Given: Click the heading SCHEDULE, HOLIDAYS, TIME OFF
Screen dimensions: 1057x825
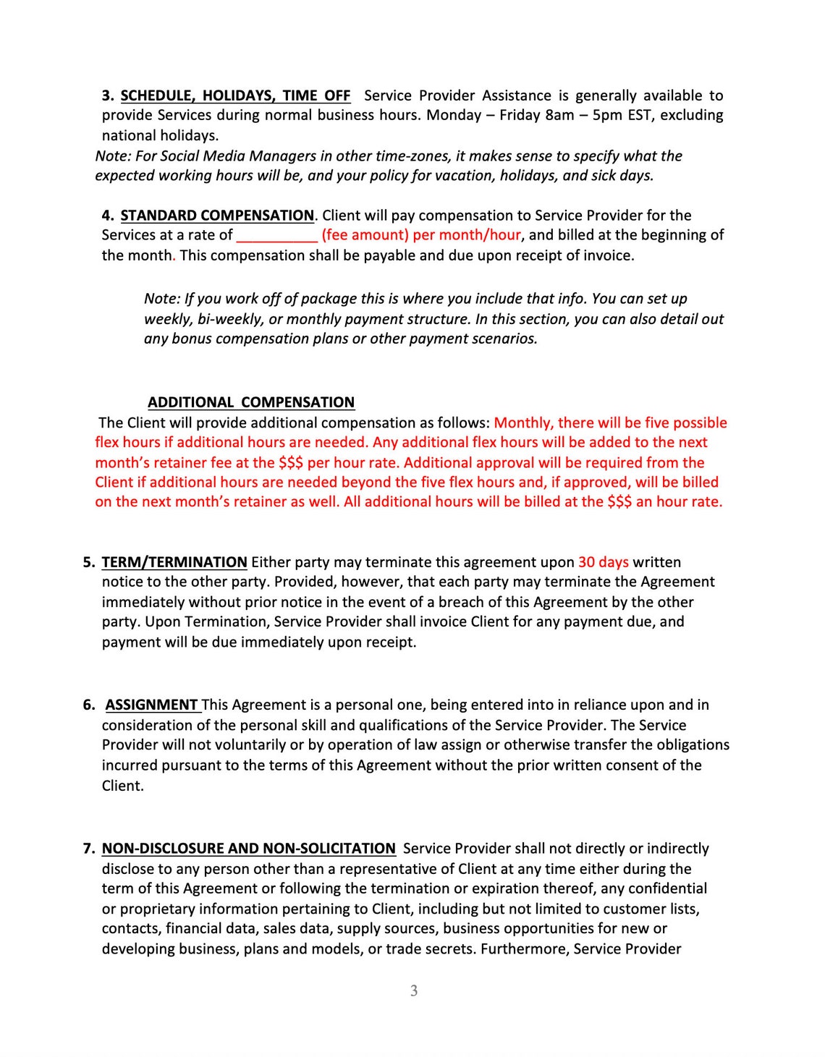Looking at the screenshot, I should pyautogui.click(x=235, y=95).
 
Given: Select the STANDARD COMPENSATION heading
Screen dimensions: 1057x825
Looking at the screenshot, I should pyautogui.click(x=217, y=216).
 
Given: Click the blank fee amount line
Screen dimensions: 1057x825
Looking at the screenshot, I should pyautogui.click(x=276, y=236).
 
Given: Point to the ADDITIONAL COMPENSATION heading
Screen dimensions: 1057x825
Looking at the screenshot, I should pyautogui.click(x=251, y=403).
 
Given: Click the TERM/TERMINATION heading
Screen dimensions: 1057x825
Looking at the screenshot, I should pyautogui.click(x=174, y=562).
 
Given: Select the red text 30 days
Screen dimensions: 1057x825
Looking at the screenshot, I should pyautogui.click(x=603, y=562).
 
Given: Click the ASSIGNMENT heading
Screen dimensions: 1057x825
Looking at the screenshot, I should pyautogui.click(x=152, y=705).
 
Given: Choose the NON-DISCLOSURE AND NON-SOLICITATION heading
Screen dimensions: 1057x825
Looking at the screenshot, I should pyautogui.click(x=248, y=849).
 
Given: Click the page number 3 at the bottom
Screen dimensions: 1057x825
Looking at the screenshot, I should pyautogui.click(x=414, y=991).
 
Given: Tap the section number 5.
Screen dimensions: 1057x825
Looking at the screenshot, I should pyautogui.click(x=88, y=562).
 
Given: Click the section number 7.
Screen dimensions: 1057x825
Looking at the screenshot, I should pyautogui.click(x=88, y=849).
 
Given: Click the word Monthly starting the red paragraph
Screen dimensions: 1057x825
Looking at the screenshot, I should pyautogui.click(x=523, y=423).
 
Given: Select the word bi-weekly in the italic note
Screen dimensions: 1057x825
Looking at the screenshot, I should pyautogui.click(x=229, y=319).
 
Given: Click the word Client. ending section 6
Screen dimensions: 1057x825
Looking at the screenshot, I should pyautogui.click(x=123, y=786).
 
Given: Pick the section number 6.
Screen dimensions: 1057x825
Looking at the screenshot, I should pyautogui.click(x=88, y=705).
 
